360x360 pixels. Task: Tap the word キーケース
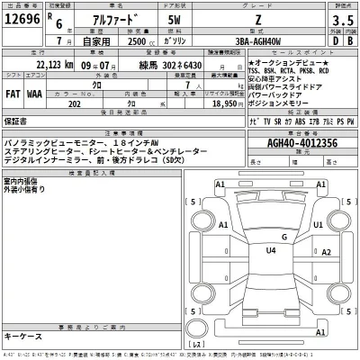pos(23,335)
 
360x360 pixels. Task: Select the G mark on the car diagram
pos(283,236)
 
